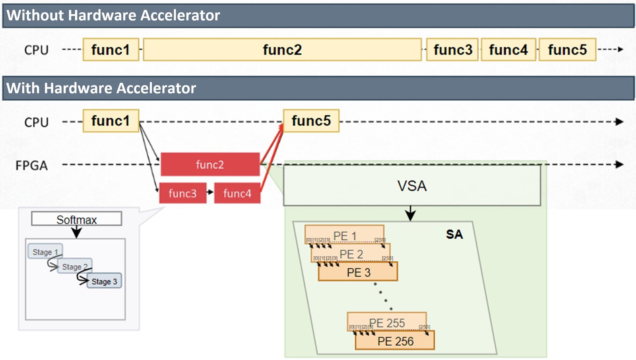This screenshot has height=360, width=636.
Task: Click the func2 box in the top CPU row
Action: pos(282,50)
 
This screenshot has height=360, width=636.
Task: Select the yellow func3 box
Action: pos(452,50)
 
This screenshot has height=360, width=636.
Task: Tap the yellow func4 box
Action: pos(508,50)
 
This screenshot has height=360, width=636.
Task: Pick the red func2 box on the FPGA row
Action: pos(210,164)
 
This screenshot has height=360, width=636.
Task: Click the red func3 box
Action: pos(182,193)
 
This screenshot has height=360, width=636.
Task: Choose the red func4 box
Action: pos(237,193)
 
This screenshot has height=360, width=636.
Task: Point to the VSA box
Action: pos(412,186)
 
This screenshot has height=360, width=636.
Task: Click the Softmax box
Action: pos(76,219)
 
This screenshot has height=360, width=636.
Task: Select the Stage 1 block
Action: pos(45,252)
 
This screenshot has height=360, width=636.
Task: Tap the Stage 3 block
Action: pos(104,281)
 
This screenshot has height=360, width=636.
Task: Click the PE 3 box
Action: pos(358,272)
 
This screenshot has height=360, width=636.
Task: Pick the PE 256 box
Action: pos(395,341)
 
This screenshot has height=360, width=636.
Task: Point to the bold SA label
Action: pos(454,234)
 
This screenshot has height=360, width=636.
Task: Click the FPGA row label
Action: pos(31,165)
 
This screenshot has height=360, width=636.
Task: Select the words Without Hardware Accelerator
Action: pos(113,16)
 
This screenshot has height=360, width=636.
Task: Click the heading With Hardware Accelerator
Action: pos(101,88)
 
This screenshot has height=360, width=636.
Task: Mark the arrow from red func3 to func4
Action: pos(210,192)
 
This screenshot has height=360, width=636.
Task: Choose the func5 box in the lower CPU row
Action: pos(311,121)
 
